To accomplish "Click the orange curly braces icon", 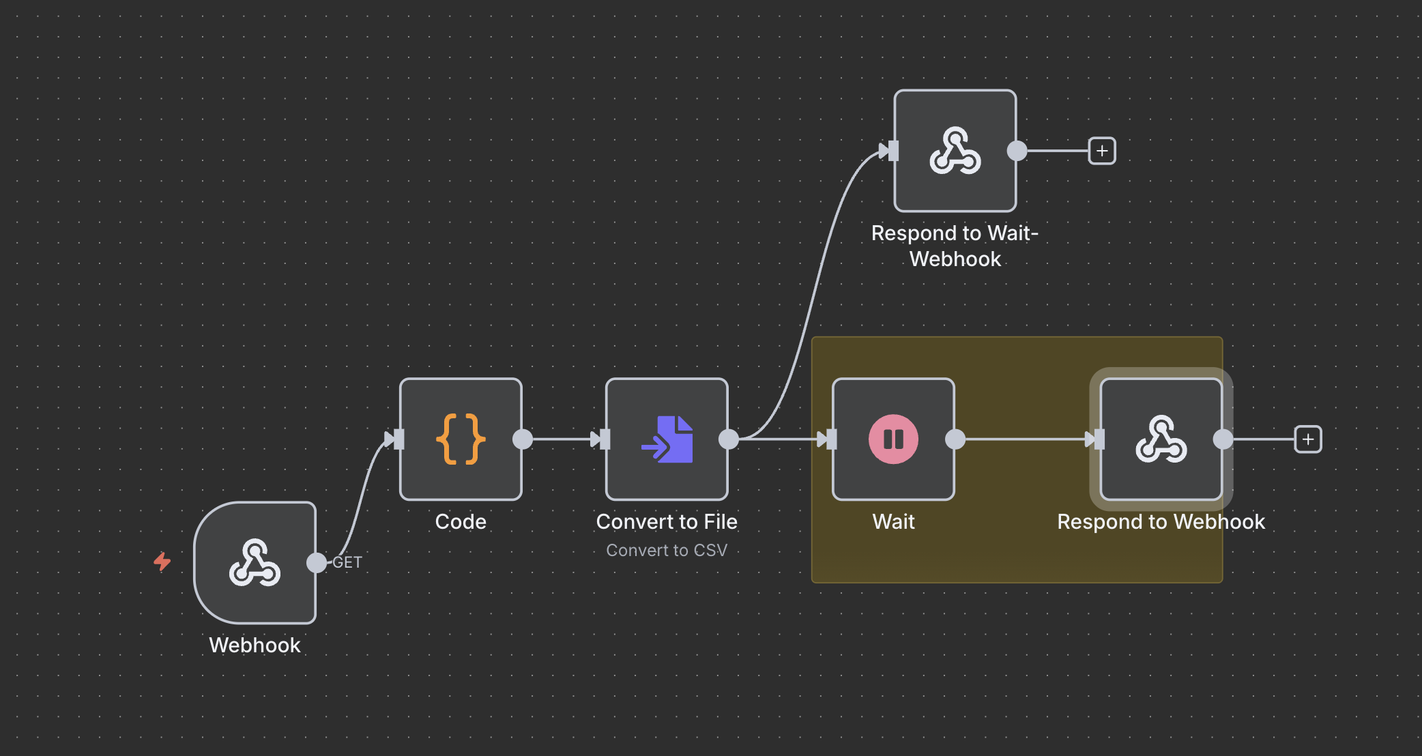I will click(x=461, y=439).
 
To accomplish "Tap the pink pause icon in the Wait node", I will click(x=893, y=439).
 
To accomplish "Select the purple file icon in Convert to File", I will click(x=667, y=439).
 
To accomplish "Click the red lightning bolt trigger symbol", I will click(x=162, y=562).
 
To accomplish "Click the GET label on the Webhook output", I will click(x=347, y=562).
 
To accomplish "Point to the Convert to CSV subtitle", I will click(x=667, y=550).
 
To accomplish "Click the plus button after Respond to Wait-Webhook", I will click(x=1102, y=151).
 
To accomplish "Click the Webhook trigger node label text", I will click(x=255, y=645).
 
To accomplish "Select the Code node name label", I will click(x=461, y=521).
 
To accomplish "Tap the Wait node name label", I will click(x=893, y=521).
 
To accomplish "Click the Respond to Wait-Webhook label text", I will click(x=955, y=246).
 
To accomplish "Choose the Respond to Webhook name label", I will click(x=1161, y=521).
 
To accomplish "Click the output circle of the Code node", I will click(x=523, y=439).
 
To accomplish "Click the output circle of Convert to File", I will click(x=729, y=439).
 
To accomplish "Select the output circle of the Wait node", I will click(x=955, y=439).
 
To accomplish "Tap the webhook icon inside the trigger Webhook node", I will click(x=255, y=563).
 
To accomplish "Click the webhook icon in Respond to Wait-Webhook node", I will click(x=955, y=151).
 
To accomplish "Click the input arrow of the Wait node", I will click(x=826, y=439).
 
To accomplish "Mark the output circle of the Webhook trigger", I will click(x=317, y=563).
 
